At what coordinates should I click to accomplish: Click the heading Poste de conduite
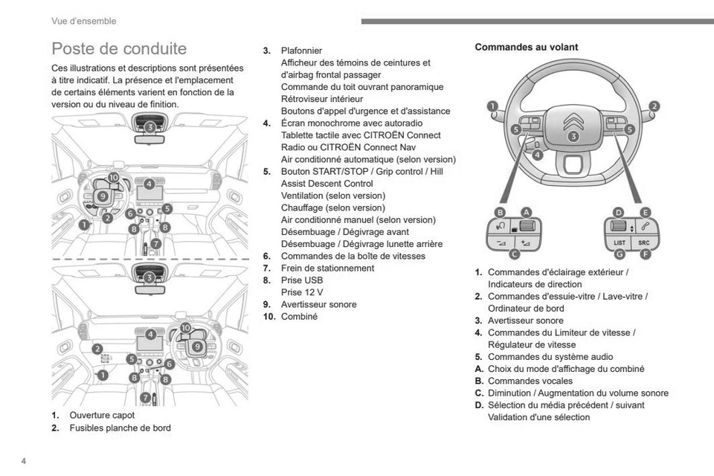coord(119,49)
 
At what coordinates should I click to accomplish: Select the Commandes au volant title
coord(526,47)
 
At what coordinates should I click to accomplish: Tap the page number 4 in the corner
coord(24,462)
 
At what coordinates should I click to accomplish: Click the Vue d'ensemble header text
coord(83,21)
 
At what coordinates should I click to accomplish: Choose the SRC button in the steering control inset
coord(643,242)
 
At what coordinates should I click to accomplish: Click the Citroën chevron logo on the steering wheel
coord(573,120)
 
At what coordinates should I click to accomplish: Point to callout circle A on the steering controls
coord(526,212)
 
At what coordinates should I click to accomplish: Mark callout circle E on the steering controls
coord(645,212)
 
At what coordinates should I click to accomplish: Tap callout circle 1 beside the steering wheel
coord(492,106)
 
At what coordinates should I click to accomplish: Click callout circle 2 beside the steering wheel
coord(654,106)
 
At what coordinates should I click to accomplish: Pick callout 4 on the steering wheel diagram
coord(537,155)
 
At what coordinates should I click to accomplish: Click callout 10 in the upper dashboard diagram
coord(113,177)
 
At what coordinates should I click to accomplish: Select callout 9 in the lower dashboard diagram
coord(197,346)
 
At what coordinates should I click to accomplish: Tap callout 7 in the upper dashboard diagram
coord(155,243)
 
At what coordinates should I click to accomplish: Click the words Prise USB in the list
coord(302,280)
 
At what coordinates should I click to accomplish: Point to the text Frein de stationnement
coord(327,268)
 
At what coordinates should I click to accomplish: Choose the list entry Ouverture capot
coord(102,415)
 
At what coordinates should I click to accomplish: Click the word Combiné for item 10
coord(299,317)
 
